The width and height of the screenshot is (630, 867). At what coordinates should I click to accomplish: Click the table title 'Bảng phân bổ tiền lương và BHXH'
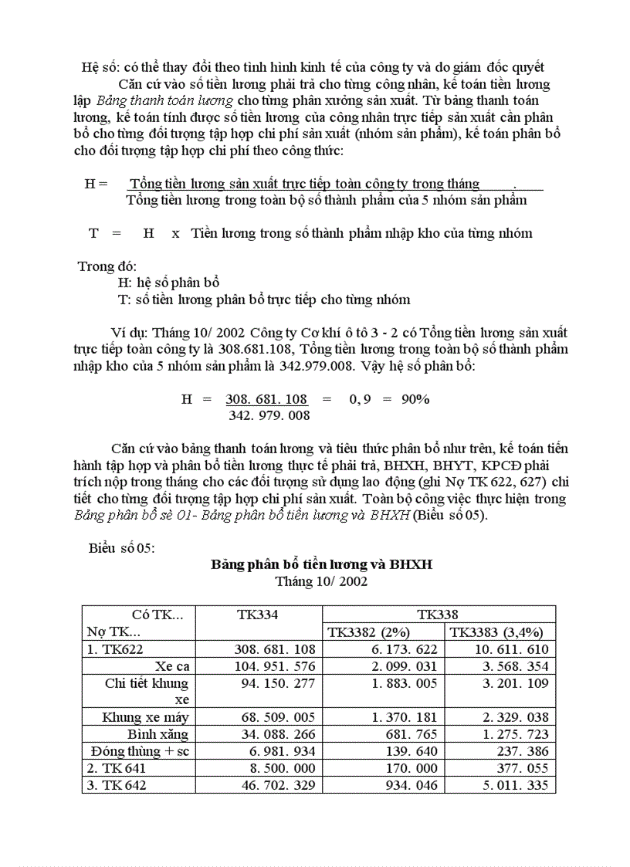coord(321,564)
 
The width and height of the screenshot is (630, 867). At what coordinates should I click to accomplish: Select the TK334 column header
coord(258,615)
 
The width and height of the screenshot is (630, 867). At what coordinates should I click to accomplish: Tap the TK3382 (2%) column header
coord(369,632)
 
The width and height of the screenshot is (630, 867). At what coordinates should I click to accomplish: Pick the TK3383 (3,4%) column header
coord(500,632)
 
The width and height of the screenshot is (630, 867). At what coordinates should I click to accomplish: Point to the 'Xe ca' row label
coord(171,666)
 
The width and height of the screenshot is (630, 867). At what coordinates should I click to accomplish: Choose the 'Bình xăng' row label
coord(158,734)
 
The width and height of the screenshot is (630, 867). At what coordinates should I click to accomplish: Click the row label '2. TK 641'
coord(117,768)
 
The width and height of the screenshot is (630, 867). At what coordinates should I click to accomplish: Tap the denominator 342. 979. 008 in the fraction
coord(269,415)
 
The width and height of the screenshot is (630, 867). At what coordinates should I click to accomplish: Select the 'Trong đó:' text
coord(107,266)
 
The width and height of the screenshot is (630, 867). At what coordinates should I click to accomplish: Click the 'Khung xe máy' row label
coord(145,717)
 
